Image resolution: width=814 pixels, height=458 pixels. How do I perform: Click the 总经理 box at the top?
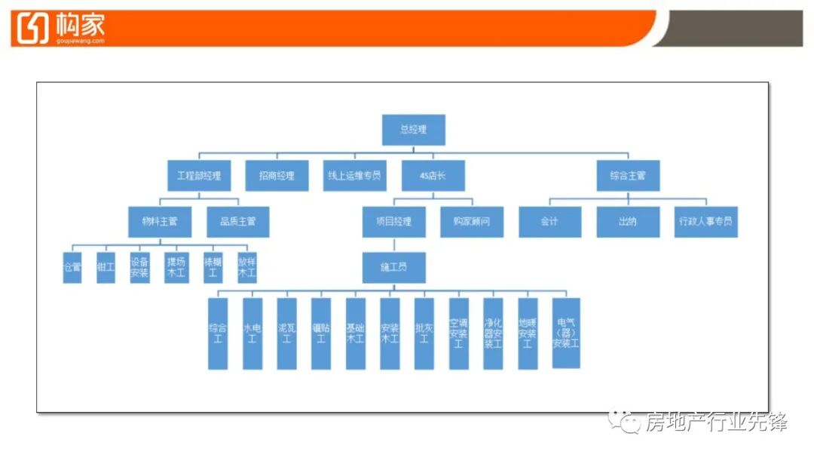click(413, 130)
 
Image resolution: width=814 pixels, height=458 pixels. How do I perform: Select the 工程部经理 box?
click(199, 176)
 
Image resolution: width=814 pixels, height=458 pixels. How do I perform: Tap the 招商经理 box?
click(277, 176)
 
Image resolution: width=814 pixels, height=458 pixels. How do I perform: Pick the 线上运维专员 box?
click(354, 176)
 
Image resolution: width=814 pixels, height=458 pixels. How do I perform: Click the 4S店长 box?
click(433, 176)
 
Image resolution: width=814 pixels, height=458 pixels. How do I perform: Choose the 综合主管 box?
click(627, 176)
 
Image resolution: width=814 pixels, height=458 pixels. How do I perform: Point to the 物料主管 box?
click(160, 222)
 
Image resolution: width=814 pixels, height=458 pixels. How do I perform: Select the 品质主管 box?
click(237, 222)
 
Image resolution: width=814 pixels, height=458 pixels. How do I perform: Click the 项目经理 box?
click(393, 222)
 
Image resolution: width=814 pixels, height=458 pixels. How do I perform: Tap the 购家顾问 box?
click(472, 222)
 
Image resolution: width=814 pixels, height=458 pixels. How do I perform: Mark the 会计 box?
click(549, 222)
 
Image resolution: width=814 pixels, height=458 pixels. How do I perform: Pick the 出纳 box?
click(628, 222)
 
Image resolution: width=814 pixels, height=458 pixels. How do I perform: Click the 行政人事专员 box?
click(705, 222)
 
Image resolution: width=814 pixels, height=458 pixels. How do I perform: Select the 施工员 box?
click(393, 268)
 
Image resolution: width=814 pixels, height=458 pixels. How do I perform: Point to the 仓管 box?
click(72, 268)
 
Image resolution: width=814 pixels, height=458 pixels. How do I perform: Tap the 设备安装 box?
click(139, 268)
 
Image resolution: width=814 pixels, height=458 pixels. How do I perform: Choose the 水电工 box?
click(252, 334)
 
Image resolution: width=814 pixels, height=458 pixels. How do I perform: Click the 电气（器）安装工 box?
click(565, 333)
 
